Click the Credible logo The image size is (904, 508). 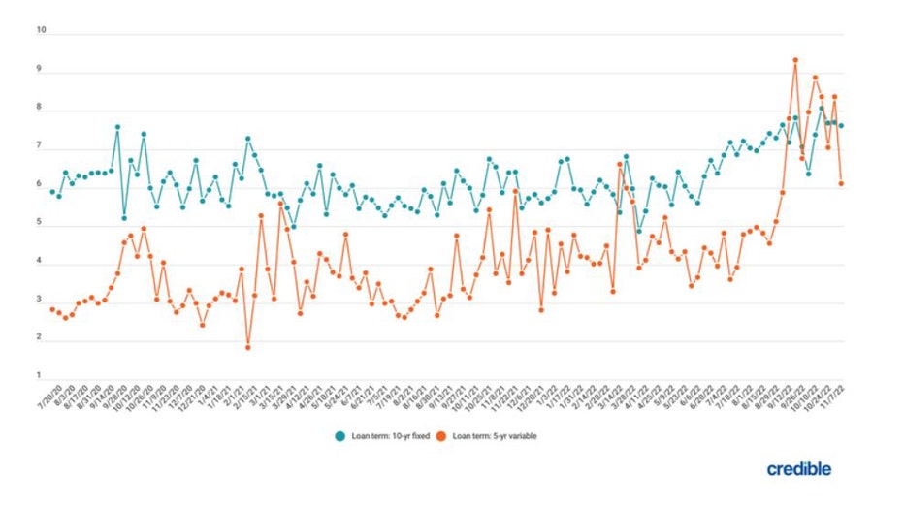[x=798, y=469]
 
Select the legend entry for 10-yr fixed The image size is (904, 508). [x=384, y=436]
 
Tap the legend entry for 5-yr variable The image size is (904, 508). [x=493, y=436]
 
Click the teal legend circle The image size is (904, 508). [x=340, y=436]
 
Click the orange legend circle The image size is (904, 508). [x=441, y=436]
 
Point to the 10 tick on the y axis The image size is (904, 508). [x=41, y=30]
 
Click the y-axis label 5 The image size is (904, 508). [x=39, y=223]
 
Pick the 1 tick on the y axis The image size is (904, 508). [x=39, y=376]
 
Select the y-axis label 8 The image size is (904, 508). [x=39, y=108]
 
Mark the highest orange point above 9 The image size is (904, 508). [x=795, y=60]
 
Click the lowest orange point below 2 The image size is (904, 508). [x=248, y=347]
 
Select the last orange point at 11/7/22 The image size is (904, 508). [x=841, y=183]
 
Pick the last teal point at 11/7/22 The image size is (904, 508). [x=841, y=126]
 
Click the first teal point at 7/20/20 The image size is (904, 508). [x=52, y=192]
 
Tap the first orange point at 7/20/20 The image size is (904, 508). [x=52, y=309]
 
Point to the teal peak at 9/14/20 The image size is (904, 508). [x=117, y=127]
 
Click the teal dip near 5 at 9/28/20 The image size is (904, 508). [x=124, y=218]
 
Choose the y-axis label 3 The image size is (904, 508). [x=39, y=300]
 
